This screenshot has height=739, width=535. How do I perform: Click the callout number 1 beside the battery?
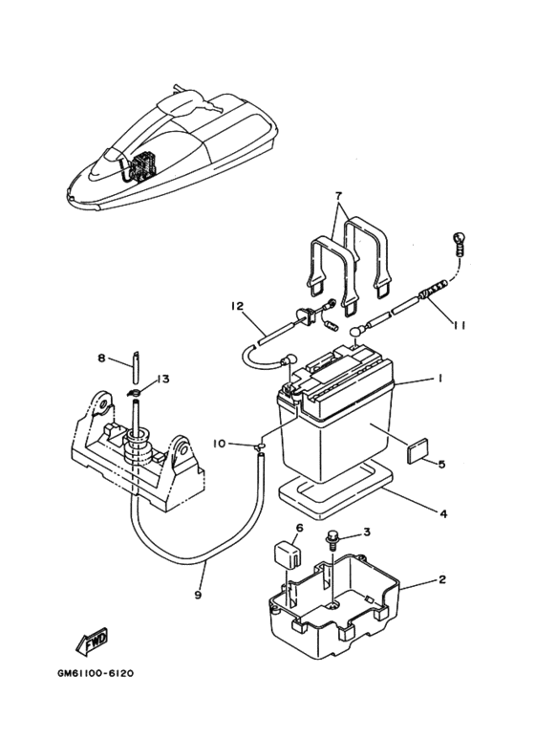[x=439, y=378]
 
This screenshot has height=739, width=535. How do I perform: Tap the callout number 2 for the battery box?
[x=441, y=579]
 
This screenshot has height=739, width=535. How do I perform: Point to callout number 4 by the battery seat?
[x=442, y=513]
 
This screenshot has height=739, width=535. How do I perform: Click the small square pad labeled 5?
[x=417, y=448]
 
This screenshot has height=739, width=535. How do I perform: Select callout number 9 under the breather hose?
[x=198, y=595]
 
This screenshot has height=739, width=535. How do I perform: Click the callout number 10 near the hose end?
[x=220, y=443]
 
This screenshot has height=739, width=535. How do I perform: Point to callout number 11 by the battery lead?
[x=460, y=325]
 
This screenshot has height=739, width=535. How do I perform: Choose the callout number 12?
[x=237, y=306]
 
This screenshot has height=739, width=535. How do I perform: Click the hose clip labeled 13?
[x=134, y=392]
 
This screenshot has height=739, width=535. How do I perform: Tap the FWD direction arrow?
[x=92, y=641]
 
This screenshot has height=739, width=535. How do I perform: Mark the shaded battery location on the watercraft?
[x=141, y=167]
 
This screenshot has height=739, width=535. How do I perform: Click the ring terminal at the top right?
[x=459, y=243]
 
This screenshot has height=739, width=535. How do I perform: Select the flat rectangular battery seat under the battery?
[x=335, y=490]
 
